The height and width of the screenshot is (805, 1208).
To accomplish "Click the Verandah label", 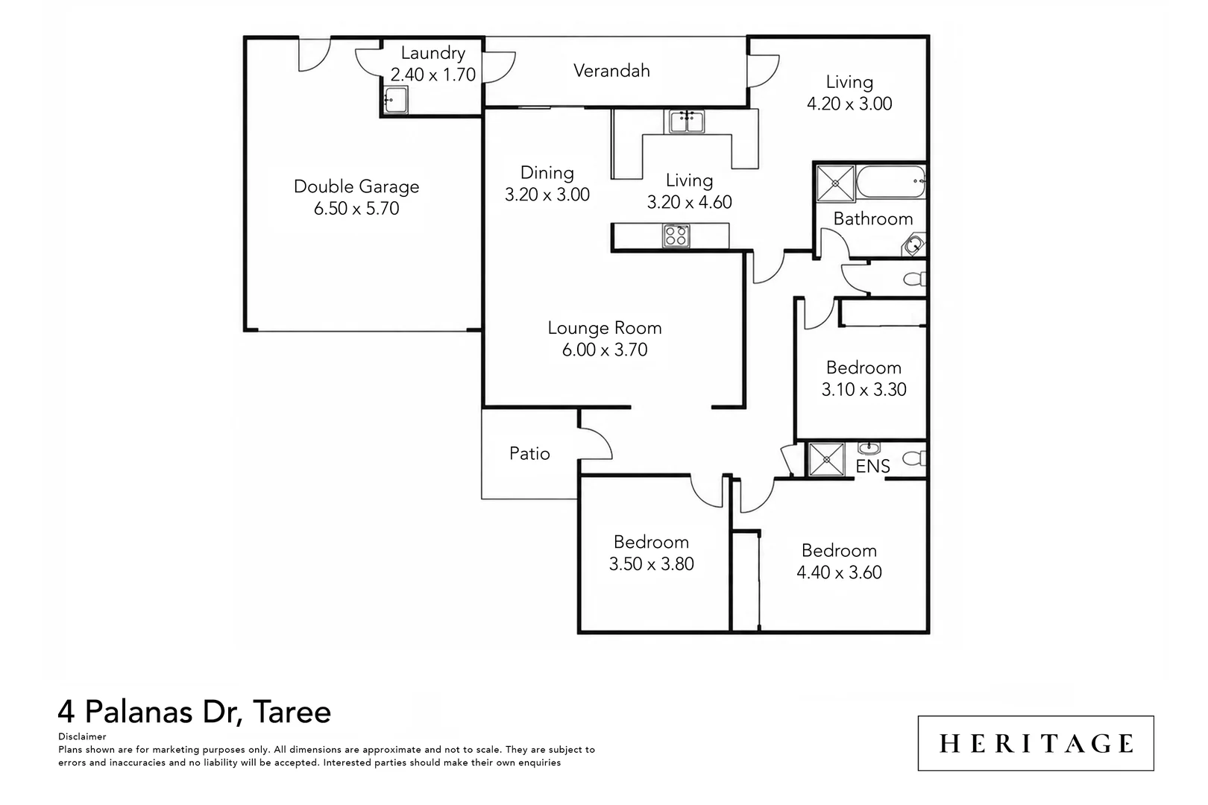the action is click(611, 71).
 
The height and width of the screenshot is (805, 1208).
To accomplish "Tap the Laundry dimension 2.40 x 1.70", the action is click(433, 75).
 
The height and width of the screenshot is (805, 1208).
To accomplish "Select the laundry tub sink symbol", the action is click(395, 100).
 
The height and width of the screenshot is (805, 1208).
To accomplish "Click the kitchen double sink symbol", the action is click(687, 121).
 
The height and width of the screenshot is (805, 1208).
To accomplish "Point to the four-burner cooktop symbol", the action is click(676, 236).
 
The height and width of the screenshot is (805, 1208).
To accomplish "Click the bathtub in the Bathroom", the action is click(891, 183).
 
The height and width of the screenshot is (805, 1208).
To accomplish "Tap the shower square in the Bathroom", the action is click(835, 184).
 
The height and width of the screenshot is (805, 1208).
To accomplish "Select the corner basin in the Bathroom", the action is click(914, 244).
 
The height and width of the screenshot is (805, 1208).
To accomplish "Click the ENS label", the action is click(872, 467).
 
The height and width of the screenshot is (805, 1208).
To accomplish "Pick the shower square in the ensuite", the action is click(826, 459).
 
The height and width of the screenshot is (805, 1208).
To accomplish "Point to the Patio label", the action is click(529, 453).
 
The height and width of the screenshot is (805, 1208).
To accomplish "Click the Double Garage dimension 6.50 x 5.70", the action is click(356, 209).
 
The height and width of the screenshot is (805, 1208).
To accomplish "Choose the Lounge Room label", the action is click(605, 328).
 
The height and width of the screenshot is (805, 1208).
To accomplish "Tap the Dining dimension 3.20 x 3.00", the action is click(547, 195).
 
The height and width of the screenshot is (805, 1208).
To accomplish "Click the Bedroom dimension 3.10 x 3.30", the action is click(864, 389).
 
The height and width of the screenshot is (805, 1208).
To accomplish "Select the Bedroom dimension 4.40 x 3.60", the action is click(839, 572).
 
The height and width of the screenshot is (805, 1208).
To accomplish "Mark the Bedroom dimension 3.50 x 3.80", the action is click(652, 564).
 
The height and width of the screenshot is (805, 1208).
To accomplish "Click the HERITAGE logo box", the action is click(1036, 743).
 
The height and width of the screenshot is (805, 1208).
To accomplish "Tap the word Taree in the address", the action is click(292, 712).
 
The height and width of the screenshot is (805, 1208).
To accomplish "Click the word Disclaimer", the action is click(82, 736).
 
